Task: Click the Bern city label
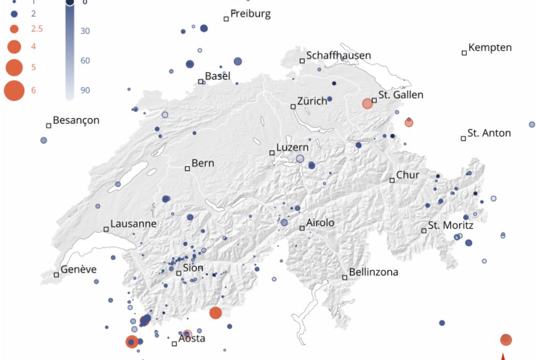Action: pyautogui.click(x=203, y=163)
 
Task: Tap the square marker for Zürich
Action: pyautogui.click(x=293, y=107)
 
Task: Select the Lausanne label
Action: pyautogui.click(x=133, y=224)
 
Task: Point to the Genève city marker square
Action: pyautogui.click(x=56, y=274)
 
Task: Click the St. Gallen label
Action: pyautogui.click(x=400, y=95)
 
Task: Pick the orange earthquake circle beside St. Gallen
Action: pyautogui.click(x=368, y=103)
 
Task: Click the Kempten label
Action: pyautogui.click(x=490, y=47)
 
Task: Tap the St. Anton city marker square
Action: pyautogui.click(x=463, y=138)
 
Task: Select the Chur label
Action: pyautogui.click(x=408, y=175)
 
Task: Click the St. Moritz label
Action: pyautogui.click(x=450, y=225)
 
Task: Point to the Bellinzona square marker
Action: pyautogui.click(x=345, y=278)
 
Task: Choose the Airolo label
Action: pyautogui.click(x=320, y=223)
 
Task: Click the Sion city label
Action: pyautogui.click(x=193, y=268)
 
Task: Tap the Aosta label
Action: pyautogui.click(x=192, y=339)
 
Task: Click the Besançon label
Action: pyautogui.click(x=76, y=120)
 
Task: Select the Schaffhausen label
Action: pyautogui.click(x=338, y=56)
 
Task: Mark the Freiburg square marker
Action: pyautogui.click(x=226, y=19)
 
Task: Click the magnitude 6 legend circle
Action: pyautogui.click(x=14, y=90)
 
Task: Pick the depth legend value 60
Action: pyautogui.click(x=85, y=60)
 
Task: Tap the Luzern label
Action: pyautogui.click(x=292, y=147)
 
